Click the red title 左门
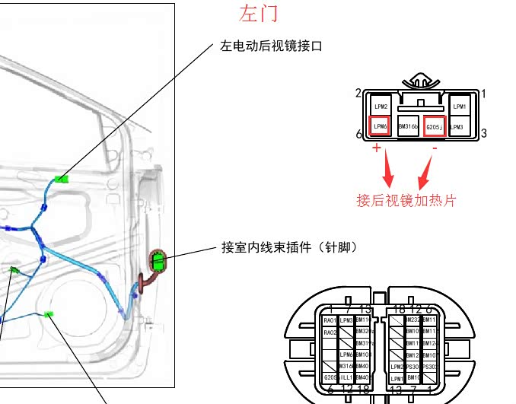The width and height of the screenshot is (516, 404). tap(259, 14)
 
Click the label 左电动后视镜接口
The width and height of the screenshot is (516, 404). tap(272, 46)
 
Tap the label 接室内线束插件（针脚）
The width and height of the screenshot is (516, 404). tap(289, 247)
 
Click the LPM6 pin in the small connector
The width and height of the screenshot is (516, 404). tap(381, 126)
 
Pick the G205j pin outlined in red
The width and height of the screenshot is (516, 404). tap(435, 126)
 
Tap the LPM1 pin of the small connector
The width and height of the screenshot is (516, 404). tap(459, 107)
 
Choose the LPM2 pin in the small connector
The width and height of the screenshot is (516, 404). tap(381, 107)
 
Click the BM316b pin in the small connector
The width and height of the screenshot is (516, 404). tap(408, 126)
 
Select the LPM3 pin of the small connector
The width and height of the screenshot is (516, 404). tap(457, 126)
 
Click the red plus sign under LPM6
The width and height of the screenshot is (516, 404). tap(376, 148)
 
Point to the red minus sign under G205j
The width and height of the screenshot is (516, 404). tap(435, 148)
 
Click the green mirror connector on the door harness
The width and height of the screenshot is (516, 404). tap(62, 180)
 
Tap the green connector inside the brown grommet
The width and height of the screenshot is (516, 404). tap(158, 262)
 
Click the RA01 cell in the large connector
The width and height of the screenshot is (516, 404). tap(330, 321)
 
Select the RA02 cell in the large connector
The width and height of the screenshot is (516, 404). tap(330, 332)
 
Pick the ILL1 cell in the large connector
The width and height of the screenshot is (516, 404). tap(346, 377)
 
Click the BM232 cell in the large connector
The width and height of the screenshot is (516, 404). tap(412, 320)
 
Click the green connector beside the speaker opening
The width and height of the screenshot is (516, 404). tap(50, 314)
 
